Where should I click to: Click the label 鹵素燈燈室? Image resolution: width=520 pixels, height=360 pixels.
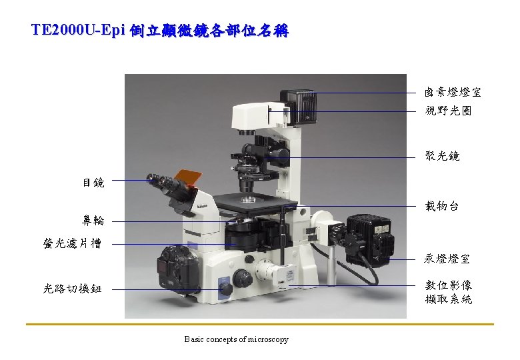pos(453,92)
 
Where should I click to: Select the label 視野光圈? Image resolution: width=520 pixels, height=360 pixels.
pos(448,111)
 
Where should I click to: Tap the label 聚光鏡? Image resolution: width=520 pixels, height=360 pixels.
pos(443,156)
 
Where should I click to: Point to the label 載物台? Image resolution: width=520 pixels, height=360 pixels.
pos(442,206)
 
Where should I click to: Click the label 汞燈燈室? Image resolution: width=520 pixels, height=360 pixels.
pos(447,259)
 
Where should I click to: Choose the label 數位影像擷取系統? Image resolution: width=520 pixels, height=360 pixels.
pos(449,292)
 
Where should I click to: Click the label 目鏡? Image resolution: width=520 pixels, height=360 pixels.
pos(93,182)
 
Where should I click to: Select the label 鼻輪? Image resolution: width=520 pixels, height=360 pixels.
pos(93,220)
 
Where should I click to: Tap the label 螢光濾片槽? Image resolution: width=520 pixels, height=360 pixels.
pos(72,243)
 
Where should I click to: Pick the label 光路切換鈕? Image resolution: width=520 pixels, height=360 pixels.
pos(72,289)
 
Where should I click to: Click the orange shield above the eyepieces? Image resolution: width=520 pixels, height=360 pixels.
pos(188,178)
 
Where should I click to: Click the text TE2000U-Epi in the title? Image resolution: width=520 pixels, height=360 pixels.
pos(78,30)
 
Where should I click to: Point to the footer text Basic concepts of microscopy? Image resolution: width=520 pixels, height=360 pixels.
pos(237,339)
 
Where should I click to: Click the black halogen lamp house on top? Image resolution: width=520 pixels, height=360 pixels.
pos(299,107)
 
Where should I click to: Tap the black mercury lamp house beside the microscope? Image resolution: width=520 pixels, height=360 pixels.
pos(371,240)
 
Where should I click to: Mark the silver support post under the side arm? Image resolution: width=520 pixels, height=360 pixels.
pos(331,265)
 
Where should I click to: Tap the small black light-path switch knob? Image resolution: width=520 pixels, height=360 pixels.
pos(226,289)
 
